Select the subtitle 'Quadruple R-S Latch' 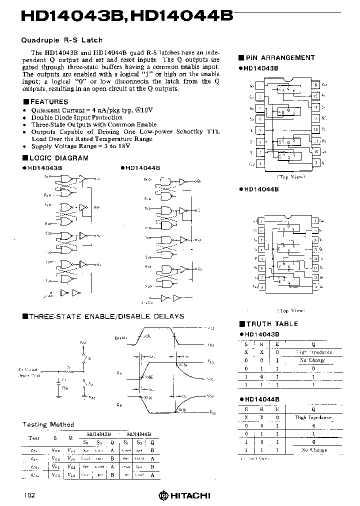tap(61, 40)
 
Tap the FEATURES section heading tap(49, 101)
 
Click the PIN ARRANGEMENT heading tap(279, 58)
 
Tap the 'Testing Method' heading tap(48, 424)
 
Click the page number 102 tap(28, 495)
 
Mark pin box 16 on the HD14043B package tap(315, 85)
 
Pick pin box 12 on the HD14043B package tap(315, 129)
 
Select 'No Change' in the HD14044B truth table tap(313, 449)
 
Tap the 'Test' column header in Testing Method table tap(34, 438)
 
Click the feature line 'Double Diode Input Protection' tap(76, 117)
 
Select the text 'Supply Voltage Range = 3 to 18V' tap(80, 146)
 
